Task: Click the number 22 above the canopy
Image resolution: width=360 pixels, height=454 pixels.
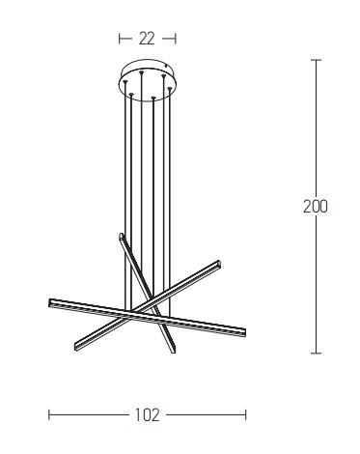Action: pyautogui.click(x=147, y=39)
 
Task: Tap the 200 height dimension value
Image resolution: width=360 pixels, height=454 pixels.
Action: pyautogui.click(x=316, y=207)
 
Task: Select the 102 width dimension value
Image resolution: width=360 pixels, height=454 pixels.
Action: pyautogui.click(x=147, y=415)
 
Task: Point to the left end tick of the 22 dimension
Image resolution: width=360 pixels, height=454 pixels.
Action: pyautogui.click(x=120, y=39)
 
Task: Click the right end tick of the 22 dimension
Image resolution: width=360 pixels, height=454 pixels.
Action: pyautogui.click(x=176, y=39)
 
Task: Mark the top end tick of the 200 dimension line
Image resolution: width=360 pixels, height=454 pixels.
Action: pyautogui.click(x=316, y=60)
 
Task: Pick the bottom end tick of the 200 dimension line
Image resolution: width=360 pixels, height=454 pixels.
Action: pyautogui.click(x=316, y=354)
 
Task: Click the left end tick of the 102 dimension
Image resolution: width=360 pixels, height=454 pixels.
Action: pyautogui.click(x=49, y=414)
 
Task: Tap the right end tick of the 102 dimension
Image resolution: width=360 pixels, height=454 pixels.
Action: pyautogui.click(x=246, y=414)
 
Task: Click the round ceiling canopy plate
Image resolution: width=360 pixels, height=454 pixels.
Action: pyautogui.click(x=148, y=80)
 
